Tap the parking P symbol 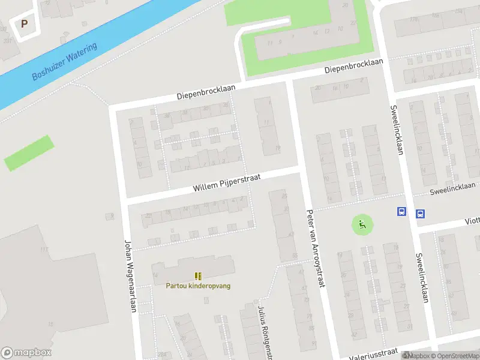(x=24, y=24)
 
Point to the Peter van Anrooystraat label (x=315, y=248)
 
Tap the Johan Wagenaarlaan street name (x=130, y=276)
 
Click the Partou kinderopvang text (x=198, y=286)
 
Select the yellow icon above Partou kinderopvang (x=198, y=276)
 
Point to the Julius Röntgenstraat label (x=262, y=327)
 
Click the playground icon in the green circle (x=362, y=225)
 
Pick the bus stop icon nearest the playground (x=401, y=212)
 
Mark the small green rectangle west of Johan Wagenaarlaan (x=29, y=153)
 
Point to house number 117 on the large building (x=43, y=250)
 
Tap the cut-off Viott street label (x=472, y=221)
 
